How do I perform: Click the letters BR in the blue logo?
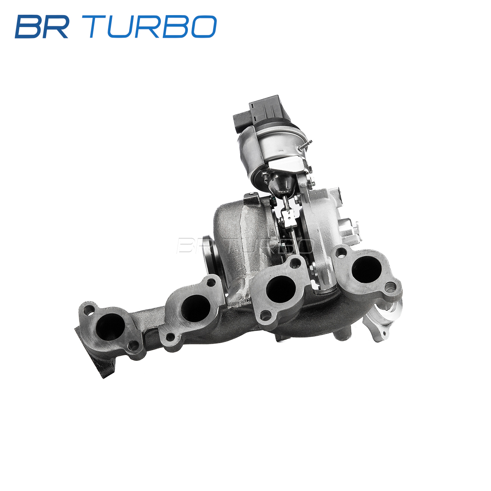tap(41, 27)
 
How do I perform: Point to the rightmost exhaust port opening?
tap(366, 270)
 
